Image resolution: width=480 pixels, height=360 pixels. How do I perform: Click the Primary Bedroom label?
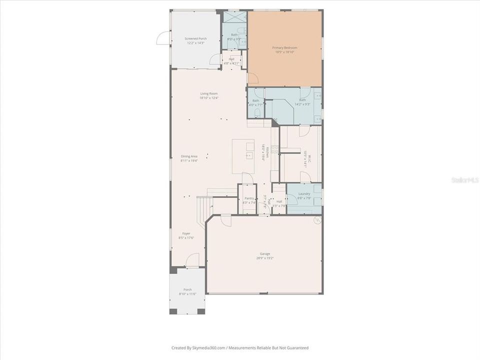284,48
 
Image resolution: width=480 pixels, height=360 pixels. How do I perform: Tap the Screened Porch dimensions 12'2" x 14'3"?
195,42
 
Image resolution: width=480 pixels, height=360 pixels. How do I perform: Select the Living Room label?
209,93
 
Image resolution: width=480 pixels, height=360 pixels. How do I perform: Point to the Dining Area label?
189,156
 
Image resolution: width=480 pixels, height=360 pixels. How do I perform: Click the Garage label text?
264,253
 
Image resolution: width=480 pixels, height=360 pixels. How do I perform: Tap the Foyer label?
186,233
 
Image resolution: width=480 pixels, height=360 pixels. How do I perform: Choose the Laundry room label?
304,194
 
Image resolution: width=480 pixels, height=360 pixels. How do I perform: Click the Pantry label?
248,198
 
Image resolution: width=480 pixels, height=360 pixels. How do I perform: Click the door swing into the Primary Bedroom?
252,78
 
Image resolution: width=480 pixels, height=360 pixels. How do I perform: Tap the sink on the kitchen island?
249,155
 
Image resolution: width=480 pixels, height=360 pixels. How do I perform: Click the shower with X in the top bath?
234,16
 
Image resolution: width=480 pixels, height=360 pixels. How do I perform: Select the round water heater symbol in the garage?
317,219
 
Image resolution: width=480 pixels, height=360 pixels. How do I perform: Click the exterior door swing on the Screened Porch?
163,38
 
